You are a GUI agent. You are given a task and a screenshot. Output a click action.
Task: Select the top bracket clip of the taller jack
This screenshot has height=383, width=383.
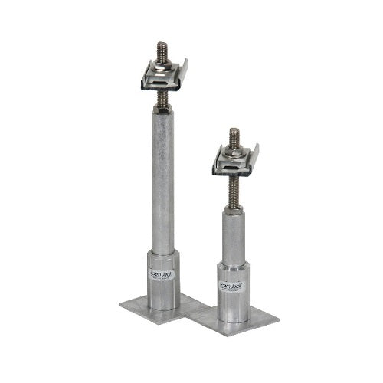(162, 77)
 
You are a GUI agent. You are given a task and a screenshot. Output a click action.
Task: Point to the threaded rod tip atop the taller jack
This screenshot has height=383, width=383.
(162, 47)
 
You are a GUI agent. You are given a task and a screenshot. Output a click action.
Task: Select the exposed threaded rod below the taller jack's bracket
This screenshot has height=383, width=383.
(162, 98)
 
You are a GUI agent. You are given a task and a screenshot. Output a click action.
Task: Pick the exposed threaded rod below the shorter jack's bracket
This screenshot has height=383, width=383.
(234, 190)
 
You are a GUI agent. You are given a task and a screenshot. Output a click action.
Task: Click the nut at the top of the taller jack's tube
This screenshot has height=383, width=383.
(162, 109)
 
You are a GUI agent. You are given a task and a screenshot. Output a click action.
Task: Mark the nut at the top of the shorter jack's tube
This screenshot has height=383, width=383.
(234, 208)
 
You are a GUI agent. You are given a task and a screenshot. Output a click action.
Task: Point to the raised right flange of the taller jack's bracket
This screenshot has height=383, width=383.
(182, 71)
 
